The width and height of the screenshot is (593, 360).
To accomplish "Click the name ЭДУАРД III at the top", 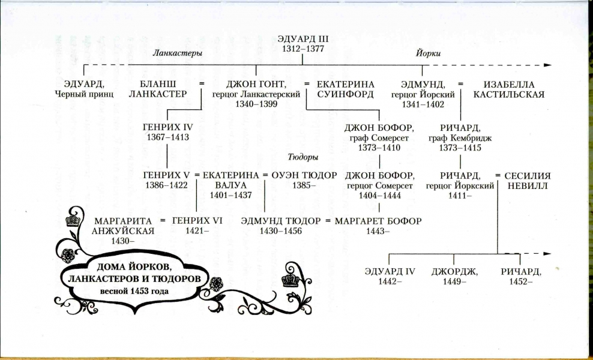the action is coord(303,39).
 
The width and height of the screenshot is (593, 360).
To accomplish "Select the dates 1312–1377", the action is coord(303,49).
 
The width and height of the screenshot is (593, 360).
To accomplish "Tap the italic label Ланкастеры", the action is coord(177,53).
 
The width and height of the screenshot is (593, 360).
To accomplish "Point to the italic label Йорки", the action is coord(429,53).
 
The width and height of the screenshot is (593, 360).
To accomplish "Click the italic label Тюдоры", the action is coord(303,157).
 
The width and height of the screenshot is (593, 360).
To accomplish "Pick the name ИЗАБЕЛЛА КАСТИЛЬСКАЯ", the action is coord(508,89).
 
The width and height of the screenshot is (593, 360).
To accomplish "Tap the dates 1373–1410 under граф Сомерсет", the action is coord(379,148).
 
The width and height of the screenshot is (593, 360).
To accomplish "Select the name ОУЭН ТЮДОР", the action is coord(304,176).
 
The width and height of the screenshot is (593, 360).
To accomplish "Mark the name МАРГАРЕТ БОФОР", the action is coord(378,221).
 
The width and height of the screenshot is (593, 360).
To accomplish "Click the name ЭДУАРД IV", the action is coord(390,271).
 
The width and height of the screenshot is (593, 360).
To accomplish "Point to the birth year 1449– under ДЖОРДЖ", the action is coord(454,281).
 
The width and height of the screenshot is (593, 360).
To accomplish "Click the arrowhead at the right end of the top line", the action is coord(547,65).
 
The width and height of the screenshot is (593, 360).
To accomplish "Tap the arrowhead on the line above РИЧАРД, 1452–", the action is coord(547,254).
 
